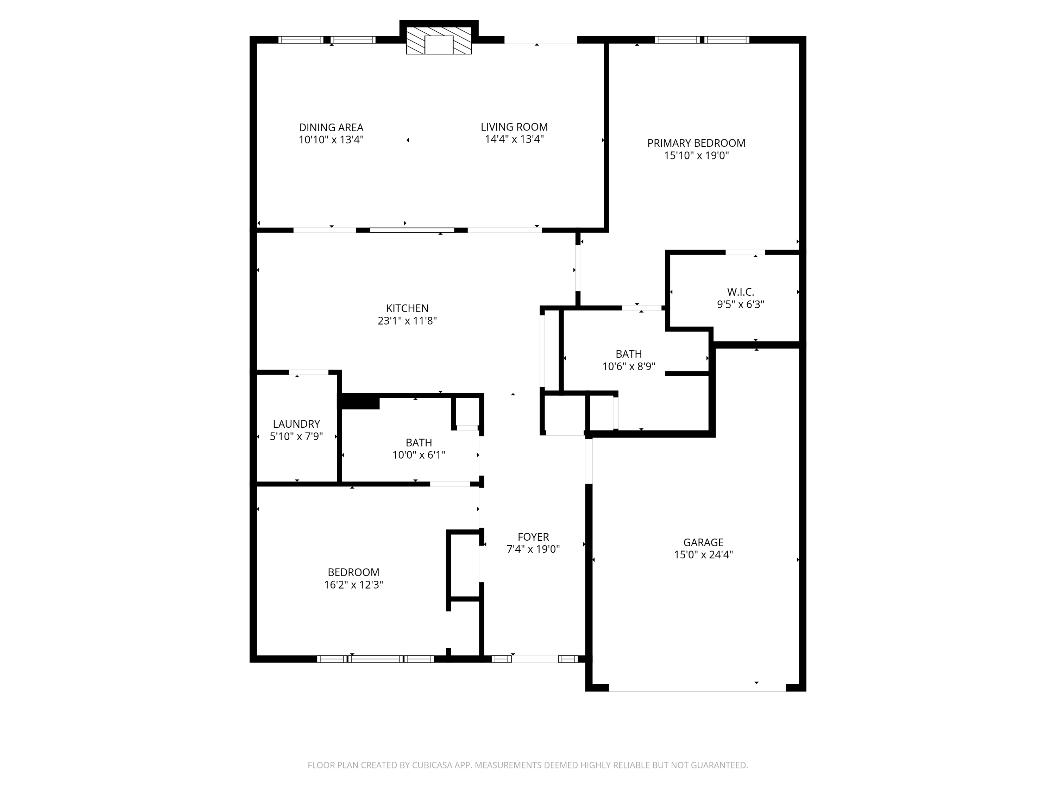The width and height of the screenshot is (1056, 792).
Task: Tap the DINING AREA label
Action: [x=331, y=127]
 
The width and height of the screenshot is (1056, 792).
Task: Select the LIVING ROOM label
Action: [x=514, y=127]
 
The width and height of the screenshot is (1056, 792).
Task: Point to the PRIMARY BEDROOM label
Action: [x=696, y=143]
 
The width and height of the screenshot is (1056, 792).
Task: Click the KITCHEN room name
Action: [x=407, y=308]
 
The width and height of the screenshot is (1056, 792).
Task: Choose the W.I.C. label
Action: [x=741, y=292]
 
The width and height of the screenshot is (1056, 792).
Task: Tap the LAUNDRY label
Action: [x=296, y=424]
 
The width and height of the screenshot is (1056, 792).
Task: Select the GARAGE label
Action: [x=703, y=542]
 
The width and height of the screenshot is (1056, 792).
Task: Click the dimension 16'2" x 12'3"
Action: [x=354, y=585]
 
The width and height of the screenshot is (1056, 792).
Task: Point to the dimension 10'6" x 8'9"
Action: [x=629, y=367]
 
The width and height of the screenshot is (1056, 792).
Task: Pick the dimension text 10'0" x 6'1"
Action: [x=419, y=455]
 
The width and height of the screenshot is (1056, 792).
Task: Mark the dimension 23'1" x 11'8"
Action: [x=407, y=321]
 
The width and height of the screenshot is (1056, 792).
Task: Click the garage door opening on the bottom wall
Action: [x=697, y=687]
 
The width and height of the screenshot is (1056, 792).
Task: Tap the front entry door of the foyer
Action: [x=535, y=659]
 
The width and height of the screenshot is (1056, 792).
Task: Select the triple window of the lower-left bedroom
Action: [x=376, y=659]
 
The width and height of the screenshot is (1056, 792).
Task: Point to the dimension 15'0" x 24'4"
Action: [x=703, y=555]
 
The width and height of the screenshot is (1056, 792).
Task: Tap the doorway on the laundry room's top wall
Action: [x=308, y=372]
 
